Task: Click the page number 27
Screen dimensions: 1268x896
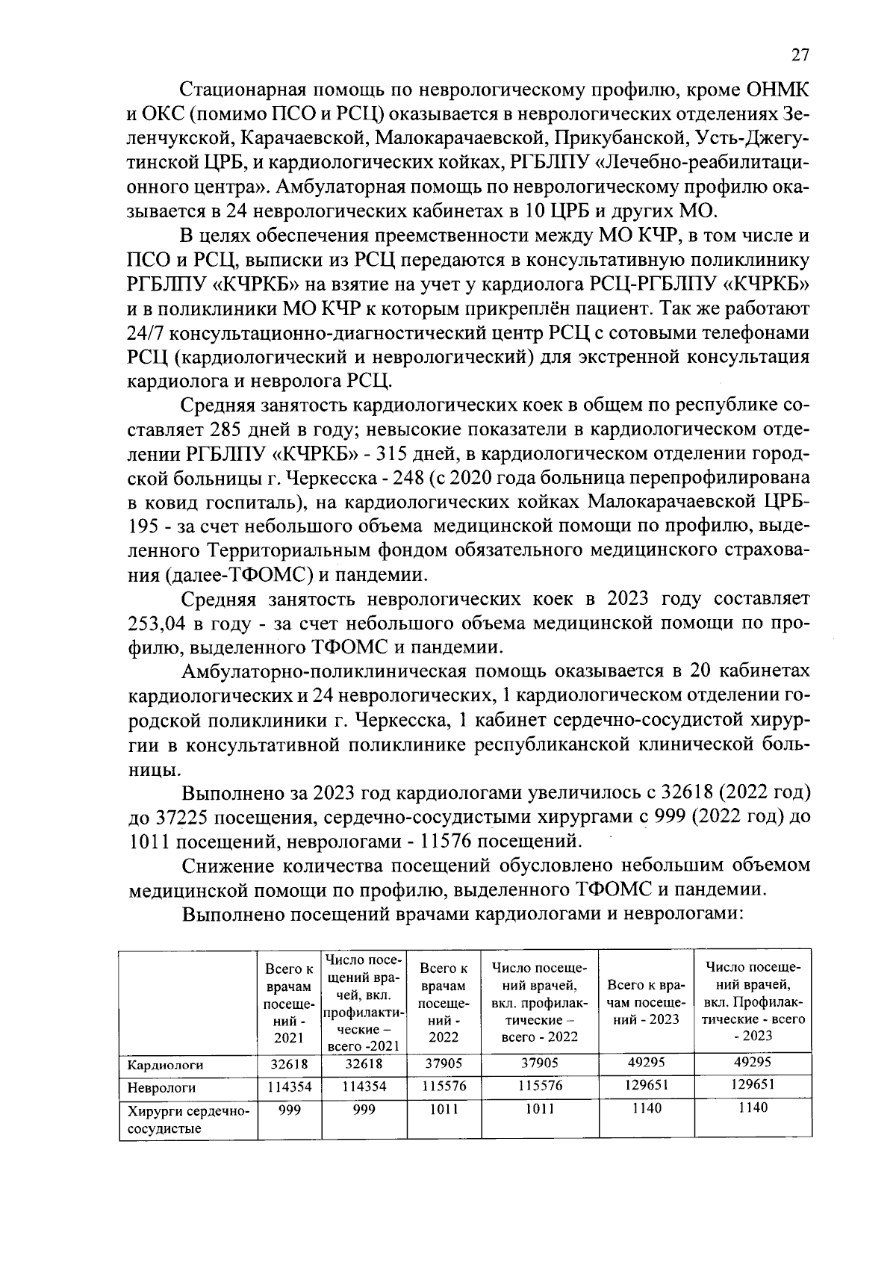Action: (799, 56)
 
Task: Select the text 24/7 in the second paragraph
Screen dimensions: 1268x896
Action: (147, 332)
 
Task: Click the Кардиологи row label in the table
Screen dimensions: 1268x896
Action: (164, 1064)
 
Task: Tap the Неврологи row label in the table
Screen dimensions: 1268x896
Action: (161, 1087)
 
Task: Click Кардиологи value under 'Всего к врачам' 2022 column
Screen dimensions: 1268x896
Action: (444, 1063)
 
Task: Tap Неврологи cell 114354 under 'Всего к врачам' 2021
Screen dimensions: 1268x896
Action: (290, 1087)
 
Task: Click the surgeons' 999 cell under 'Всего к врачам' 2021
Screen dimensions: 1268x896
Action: (290, 1110)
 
